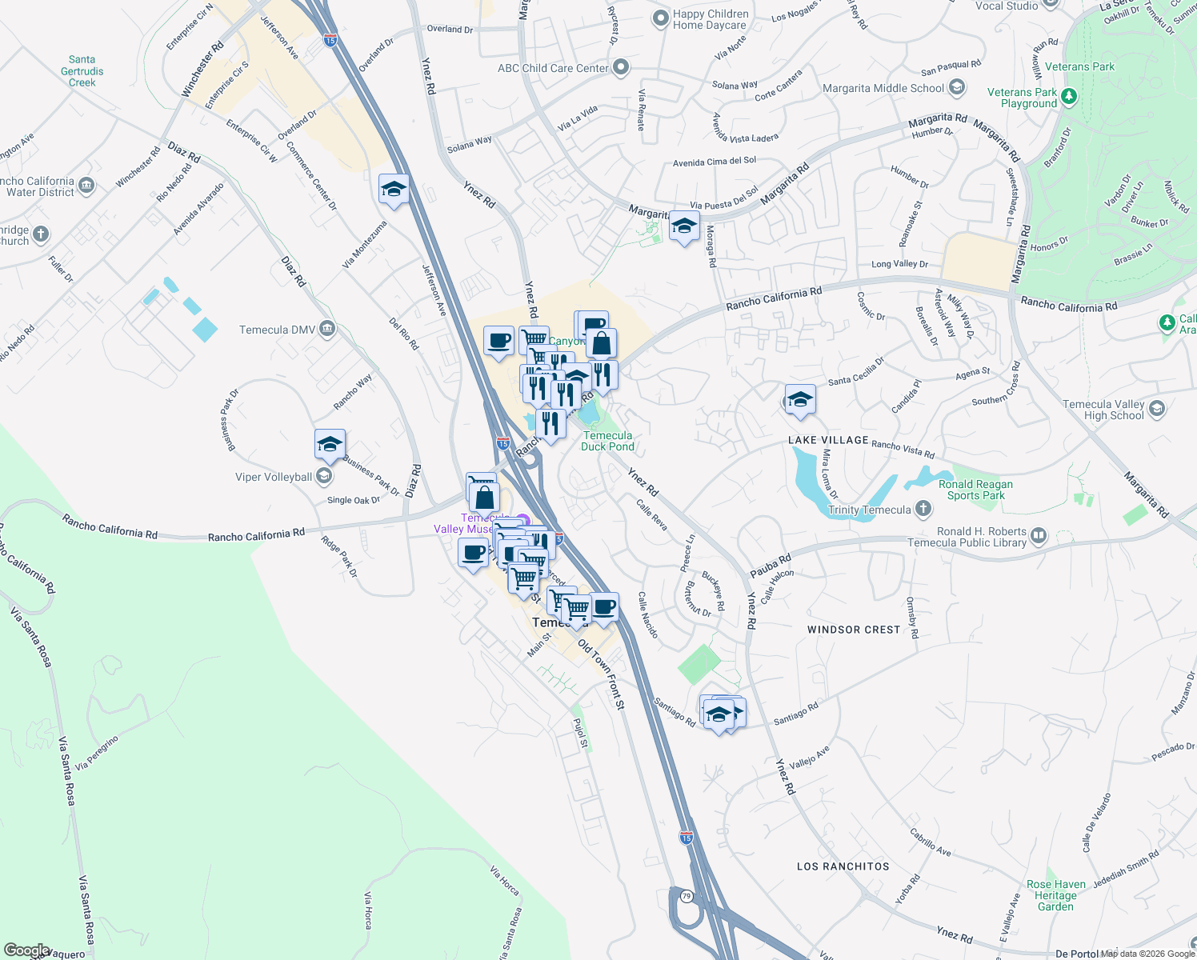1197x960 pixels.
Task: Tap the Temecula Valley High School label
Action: coord(1103,410)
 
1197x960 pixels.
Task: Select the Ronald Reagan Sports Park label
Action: coord(975,490)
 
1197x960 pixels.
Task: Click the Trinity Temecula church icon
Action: coord(923,509)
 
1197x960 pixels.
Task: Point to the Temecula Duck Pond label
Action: coord(607,442)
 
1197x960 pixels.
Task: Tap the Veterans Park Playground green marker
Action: coord(1068,97)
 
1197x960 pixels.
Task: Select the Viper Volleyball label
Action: coord(274,477)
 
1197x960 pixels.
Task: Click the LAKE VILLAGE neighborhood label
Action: coord(828,440)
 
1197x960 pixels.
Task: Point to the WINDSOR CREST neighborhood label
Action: coord(854,630)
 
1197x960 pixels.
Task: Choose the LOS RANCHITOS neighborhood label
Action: coord(843,866)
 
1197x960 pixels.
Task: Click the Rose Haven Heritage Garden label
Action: coord(1056,895)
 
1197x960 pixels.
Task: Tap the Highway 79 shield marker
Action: coord(687,896)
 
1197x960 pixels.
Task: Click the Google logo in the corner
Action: coord(26,950)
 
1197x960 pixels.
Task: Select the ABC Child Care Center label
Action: coord(553,68)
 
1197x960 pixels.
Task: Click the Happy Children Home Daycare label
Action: coord(711,19)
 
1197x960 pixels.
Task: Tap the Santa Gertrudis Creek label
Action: coord(82,71)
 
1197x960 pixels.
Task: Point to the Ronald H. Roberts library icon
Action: coord(1038,535)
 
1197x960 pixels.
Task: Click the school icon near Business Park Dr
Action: coord(330,445)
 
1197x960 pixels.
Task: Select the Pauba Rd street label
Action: coord(771,566)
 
